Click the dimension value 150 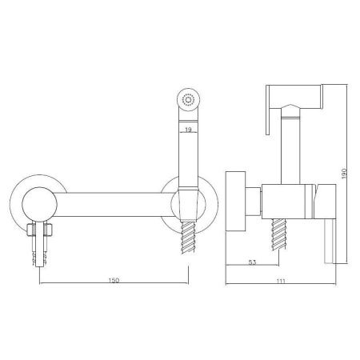114,280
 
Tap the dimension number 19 188,130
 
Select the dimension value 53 252,262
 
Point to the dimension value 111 281,281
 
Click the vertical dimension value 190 344,174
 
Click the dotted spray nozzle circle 189,100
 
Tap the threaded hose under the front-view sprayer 188,237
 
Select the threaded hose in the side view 279,234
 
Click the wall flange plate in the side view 235,201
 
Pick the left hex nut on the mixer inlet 31,230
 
